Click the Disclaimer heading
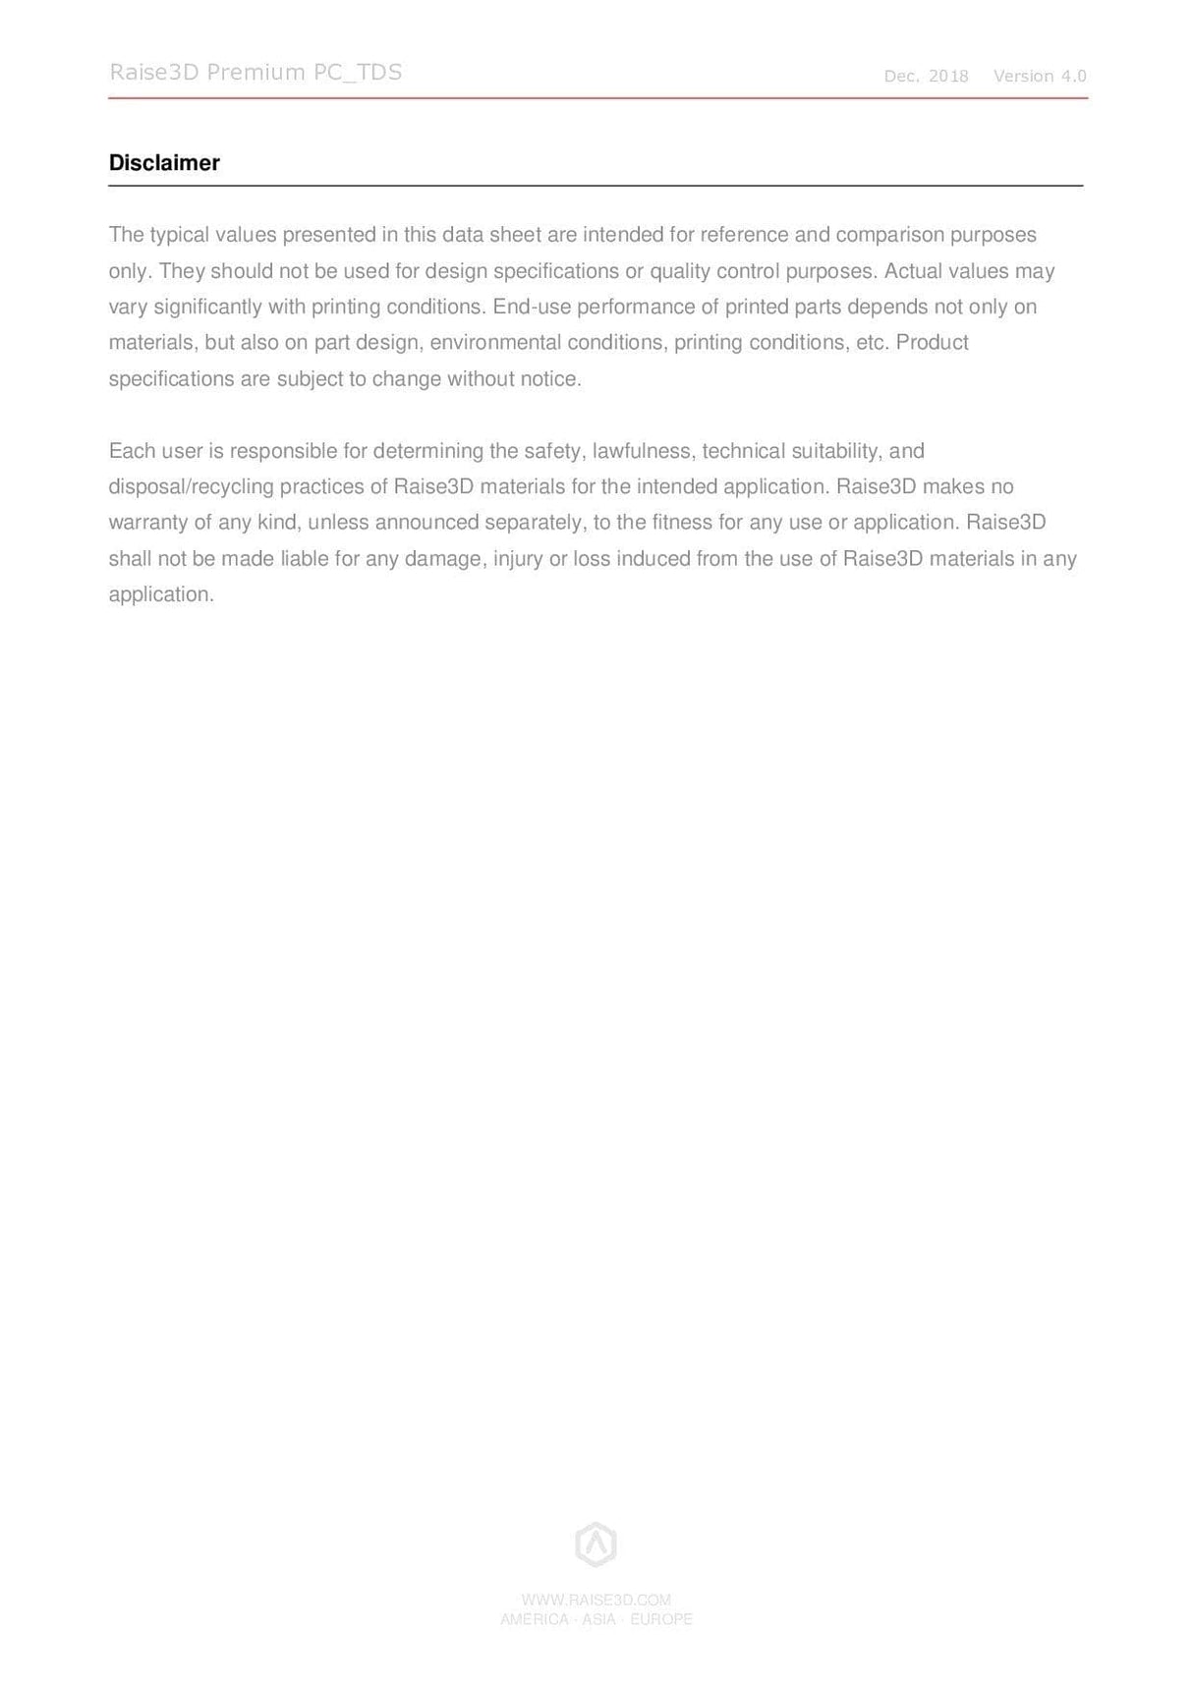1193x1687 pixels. [x=164, y=163]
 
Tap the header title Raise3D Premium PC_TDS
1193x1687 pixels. [x=256, y=73]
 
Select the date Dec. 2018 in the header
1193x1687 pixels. [x=926, y=77]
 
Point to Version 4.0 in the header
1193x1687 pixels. [x=1040, y=77]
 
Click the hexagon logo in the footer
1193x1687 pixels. [x=596, y=1545]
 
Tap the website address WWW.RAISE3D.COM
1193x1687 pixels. [x=596, y=1600]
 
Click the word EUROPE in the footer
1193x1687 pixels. [x=661, y=1619]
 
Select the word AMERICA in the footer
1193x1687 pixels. [x=534, y=1619]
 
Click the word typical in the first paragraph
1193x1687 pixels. [x=179, y=235]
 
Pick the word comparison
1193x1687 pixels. [x=889, y=235]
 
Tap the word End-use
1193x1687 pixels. [x=532, y=307]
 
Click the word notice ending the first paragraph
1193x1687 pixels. [x=550, y=379]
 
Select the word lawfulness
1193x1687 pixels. [x=644, y=451]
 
